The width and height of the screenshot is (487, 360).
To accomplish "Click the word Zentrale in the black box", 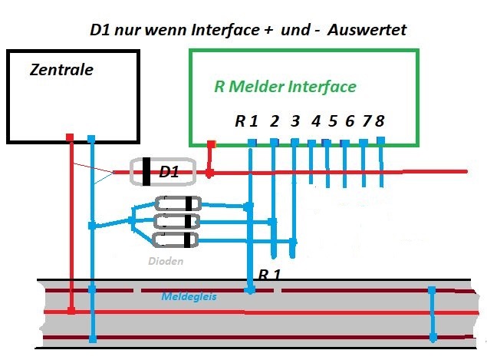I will point(61,70).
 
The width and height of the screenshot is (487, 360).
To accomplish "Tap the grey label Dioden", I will point(166,261).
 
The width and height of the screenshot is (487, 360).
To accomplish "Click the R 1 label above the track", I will point(269,274).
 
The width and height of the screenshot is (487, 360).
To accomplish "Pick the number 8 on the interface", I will point(379,121).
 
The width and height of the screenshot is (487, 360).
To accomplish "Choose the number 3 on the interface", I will point(295,121).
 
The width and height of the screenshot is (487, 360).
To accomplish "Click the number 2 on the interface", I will point(274,121).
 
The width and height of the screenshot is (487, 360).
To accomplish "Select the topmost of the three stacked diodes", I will point(177,204).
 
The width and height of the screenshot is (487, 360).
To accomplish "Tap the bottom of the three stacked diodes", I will point(177,241).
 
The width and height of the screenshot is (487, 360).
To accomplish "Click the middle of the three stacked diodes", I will point(177,223).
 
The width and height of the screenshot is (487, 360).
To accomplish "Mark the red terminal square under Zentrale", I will point(71,137).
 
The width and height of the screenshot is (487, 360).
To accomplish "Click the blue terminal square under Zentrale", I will point(90,139).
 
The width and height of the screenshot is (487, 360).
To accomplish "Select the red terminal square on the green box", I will point(212,143).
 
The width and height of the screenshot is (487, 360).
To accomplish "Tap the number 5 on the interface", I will point(332,121).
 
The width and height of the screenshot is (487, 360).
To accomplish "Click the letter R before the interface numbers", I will point(240,121).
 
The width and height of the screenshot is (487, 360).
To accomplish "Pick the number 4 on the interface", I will point(315,121).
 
